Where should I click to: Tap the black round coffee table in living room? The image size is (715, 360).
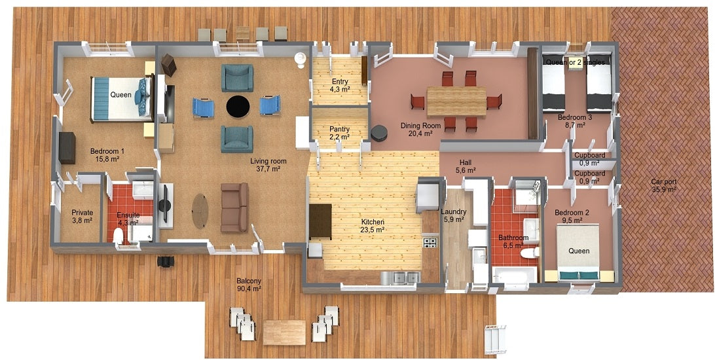238,106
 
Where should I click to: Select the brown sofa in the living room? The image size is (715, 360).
234,207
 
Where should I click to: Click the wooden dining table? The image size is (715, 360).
456,101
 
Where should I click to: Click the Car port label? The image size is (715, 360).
663,185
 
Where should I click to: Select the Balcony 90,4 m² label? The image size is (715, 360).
249,284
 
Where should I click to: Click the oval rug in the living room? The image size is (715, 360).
200,211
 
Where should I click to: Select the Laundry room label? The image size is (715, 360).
453,215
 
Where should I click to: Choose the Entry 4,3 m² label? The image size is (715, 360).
339,84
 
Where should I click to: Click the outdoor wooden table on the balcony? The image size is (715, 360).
284,331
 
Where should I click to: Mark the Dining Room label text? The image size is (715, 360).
420,129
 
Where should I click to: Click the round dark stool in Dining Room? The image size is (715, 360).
378,133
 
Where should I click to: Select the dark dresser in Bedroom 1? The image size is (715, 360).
68,147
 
